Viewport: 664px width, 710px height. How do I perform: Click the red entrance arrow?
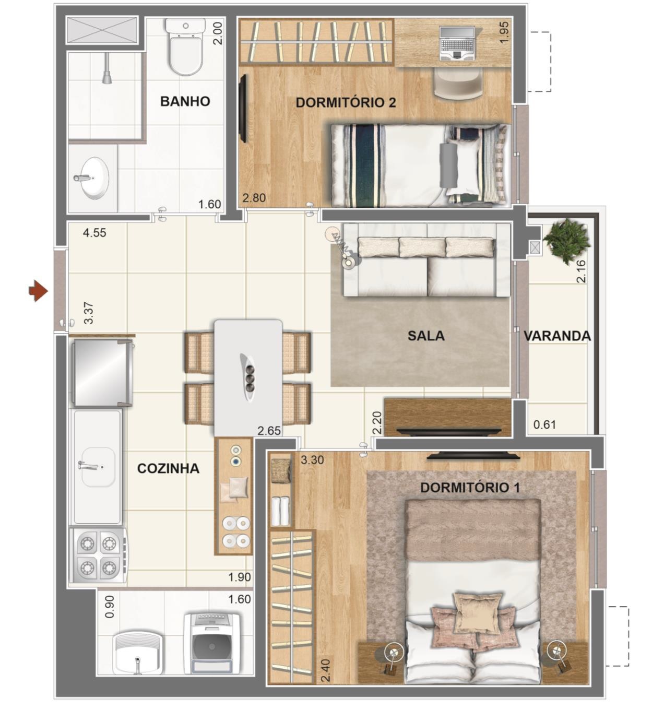pos(38,291)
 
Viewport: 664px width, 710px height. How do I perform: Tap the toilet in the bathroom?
pos(185,46)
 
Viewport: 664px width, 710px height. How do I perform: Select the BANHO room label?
pos(185,101)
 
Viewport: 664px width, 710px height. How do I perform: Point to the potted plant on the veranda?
pos(566,241)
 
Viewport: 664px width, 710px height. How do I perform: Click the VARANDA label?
pos(557,336)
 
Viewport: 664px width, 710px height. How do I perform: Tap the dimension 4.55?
pos(94,233)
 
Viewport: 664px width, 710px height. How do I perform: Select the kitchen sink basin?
pos(98,467)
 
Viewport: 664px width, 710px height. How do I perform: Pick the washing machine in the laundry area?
pos(212,643)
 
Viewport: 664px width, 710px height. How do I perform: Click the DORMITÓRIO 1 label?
pos(469,487)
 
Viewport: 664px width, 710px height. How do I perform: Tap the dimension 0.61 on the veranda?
pos(544,424)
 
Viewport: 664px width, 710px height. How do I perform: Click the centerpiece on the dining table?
pos(248,377)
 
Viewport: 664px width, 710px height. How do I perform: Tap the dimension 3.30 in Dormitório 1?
pos(312,460)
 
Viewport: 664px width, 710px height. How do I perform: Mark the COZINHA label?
pos(168,468)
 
